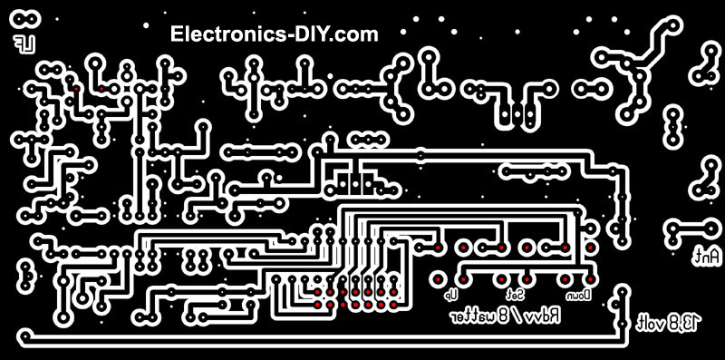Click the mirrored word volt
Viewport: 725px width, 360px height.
point(651,322)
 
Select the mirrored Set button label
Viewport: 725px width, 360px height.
point(514,294)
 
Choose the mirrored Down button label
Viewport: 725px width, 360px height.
point(579,294)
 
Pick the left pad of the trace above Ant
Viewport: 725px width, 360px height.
point(673,228)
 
